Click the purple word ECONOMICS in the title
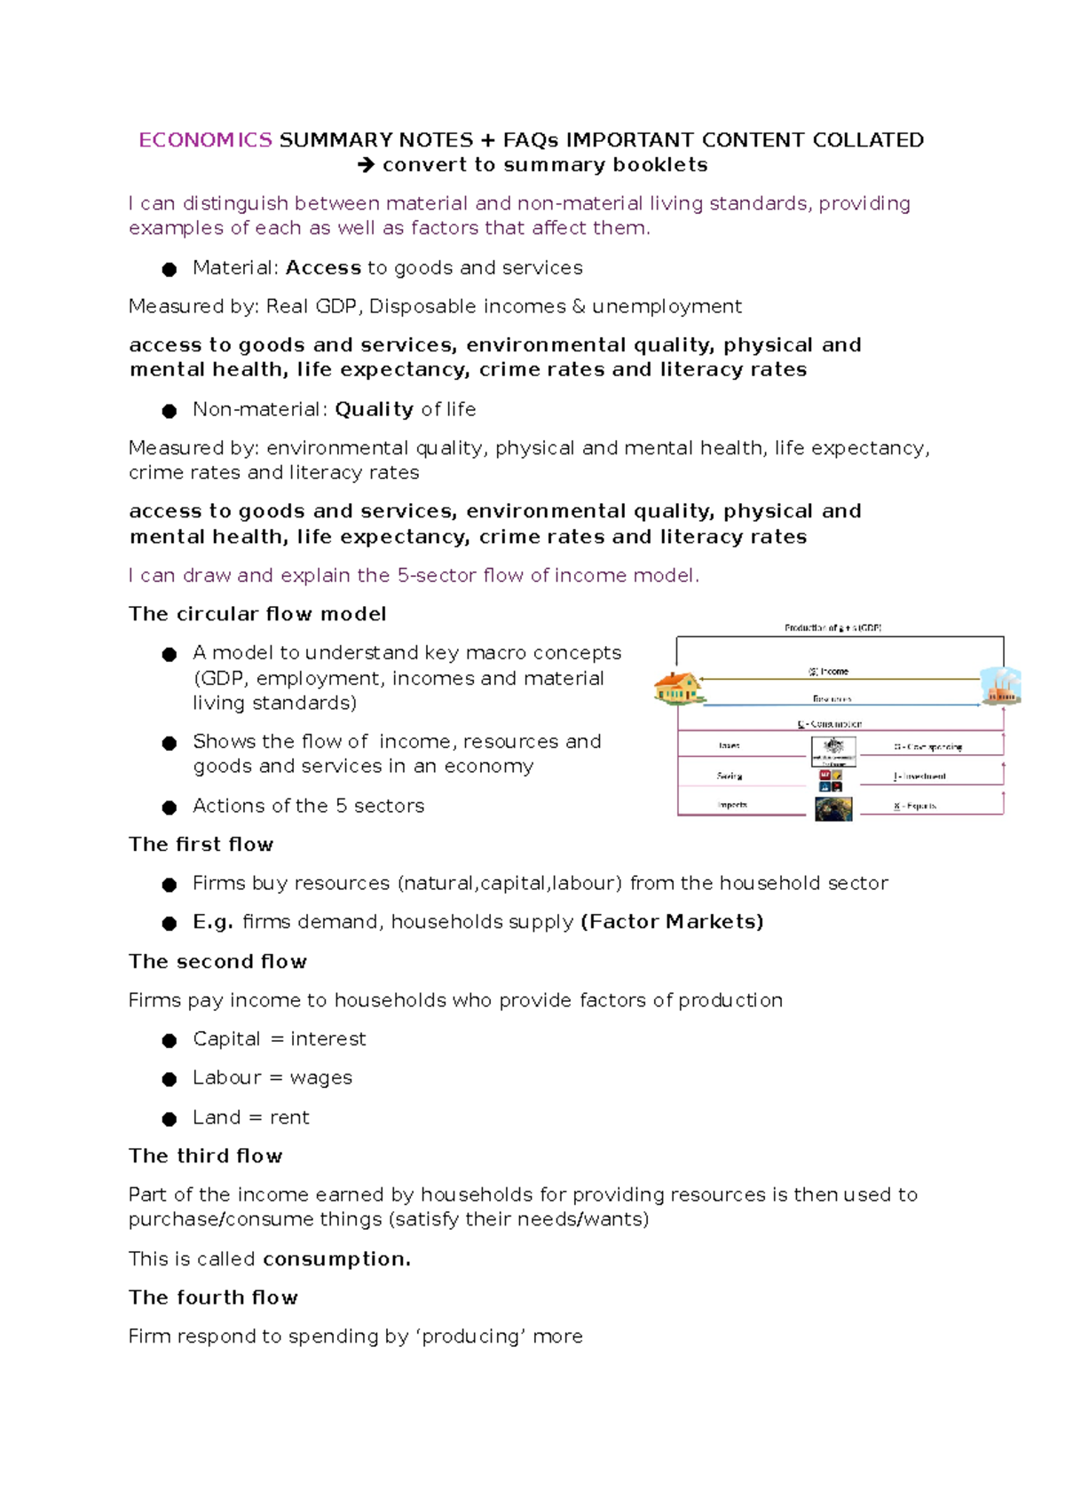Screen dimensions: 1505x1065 point(205,140)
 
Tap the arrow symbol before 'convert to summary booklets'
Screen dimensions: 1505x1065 point(366,165)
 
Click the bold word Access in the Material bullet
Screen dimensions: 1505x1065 point(323,268)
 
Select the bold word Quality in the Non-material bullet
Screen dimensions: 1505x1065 point(374,409)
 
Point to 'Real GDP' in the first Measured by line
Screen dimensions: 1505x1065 point(311,306)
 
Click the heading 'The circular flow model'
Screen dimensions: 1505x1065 point(257,614)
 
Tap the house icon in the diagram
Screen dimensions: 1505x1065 point(678,688)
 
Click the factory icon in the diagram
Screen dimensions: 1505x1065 point(1001,686)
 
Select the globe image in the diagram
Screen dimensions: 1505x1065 point(833,808)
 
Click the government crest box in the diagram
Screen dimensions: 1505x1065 point(833,750)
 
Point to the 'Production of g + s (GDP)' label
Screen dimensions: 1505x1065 point(832,627)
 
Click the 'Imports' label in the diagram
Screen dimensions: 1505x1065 point(732,805)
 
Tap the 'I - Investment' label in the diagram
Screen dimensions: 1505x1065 point(919,776)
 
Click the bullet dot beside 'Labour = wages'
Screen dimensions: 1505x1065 point(170,1079)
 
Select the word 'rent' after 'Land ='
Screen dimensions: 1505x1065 point(289,1117)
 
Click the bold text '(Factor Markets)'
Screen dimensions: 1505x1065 point(672,922)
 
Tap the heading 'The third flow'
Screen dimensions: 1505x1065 point(205,1155)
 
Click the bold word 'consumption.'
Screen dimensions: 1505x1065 point(336,1259)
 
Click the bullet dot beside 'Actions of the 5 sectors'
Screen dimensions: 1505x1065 point(170,807)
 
